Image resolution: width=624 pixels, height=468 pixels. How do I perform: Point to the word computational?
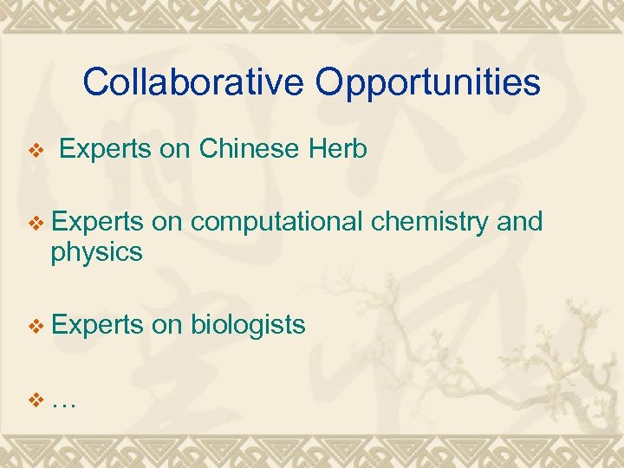(276, 223)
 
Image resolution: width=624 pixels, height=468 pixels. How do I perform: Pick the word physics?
(96, 254)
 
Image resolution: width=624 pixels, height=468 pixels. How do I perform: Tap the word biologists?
(247, 325)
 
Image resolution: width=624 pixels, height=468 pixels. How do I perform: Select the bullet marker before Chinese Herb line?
(36, 152)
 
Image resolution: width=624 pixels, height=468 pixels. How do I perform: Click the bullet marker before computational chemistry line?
(36, 224)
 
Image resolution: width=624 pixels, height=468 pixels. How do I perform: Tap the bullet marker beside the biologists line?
(36, 326)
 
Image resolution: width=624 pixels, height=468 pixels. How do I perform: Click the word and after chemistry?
(521, 222)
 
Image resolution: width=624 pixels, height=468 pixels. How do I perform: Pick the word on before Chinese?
(175, 150)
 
